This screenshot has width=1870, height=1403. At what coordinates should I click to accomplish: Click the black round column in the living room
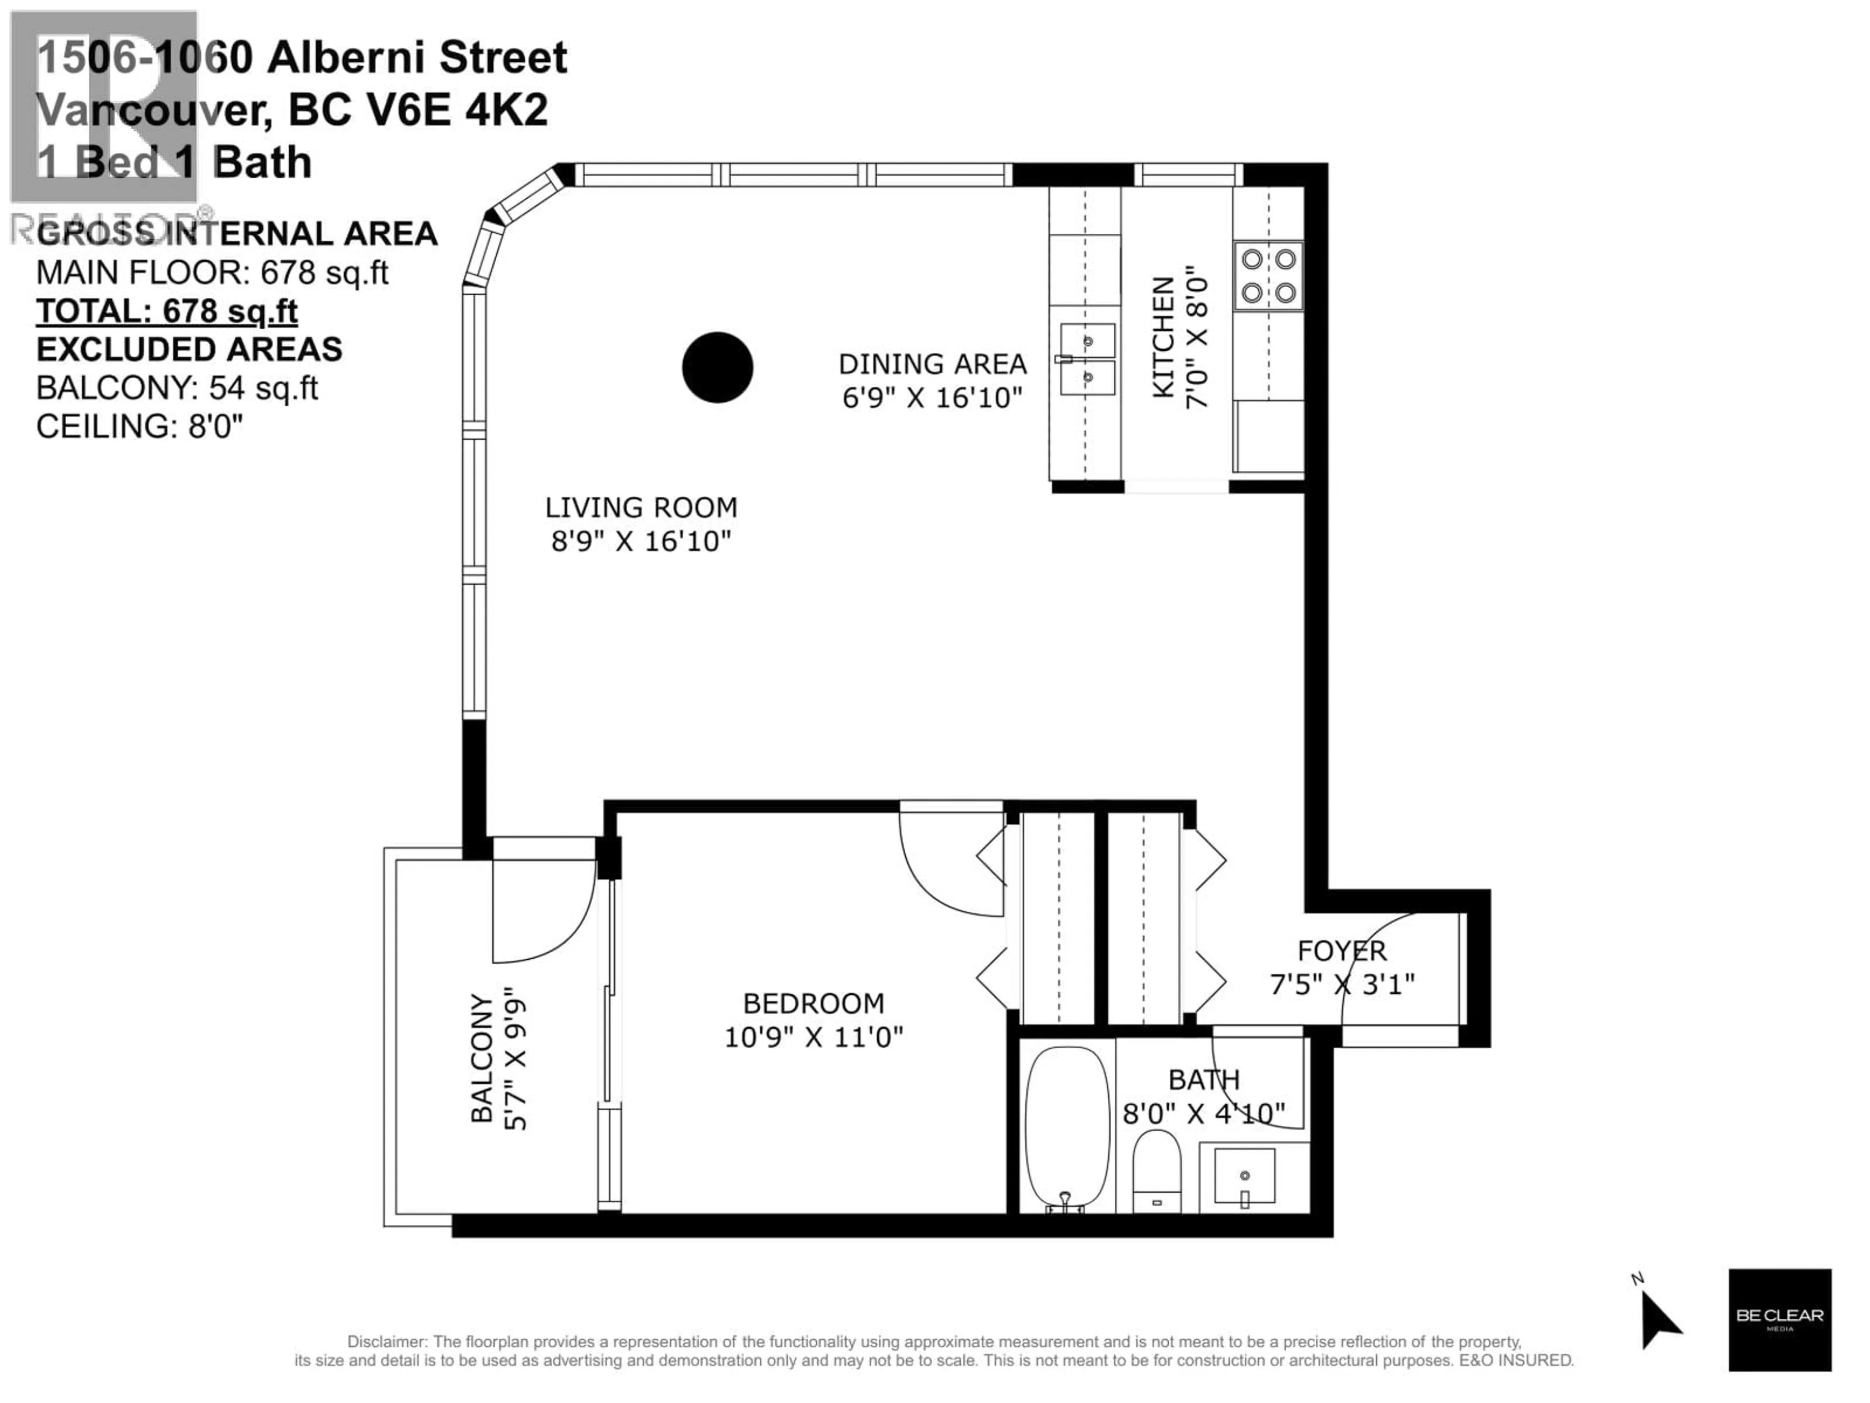(x=717, y=367)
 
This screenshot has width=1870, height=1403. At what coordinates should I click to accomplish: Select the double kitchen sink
(x=1087, y=359)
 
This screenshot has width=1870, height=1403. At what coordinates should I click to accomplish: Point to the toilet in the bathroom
(x=1157, y=1170)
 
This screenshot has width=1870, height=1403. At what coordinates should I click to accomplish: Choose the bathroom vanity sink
(x=1244, y=1175)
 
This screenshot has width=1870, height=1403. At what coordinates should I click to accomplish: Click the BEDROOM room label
(x=813, y=1003)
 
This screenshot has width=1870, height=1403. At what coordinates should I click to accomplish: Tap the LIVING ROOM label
(x=641, y=508)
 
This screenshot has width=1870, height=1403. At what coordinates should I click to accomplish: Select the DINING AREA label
(x=933, y=363)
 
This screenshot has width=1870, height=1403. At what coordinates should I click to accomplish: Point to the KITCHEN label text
(x=1163, y=337)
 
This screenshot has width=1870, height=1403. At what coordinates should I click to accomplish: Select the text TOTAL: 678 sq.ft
(x=167, y=311)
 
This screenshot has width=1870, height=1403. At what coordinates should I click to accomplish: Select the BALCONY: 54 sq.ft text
(x=177, y=388)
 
